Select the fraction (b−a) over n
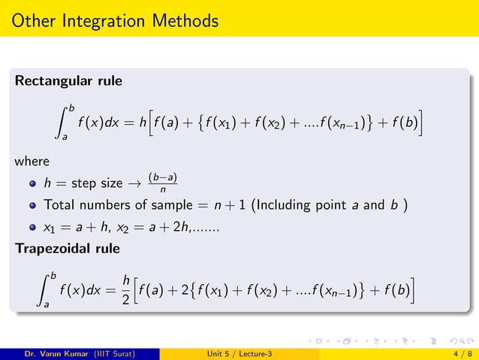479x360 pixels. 162,183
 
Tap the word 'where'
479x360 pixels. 32,161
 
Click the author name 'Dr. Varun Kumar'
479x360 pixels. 56,352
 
